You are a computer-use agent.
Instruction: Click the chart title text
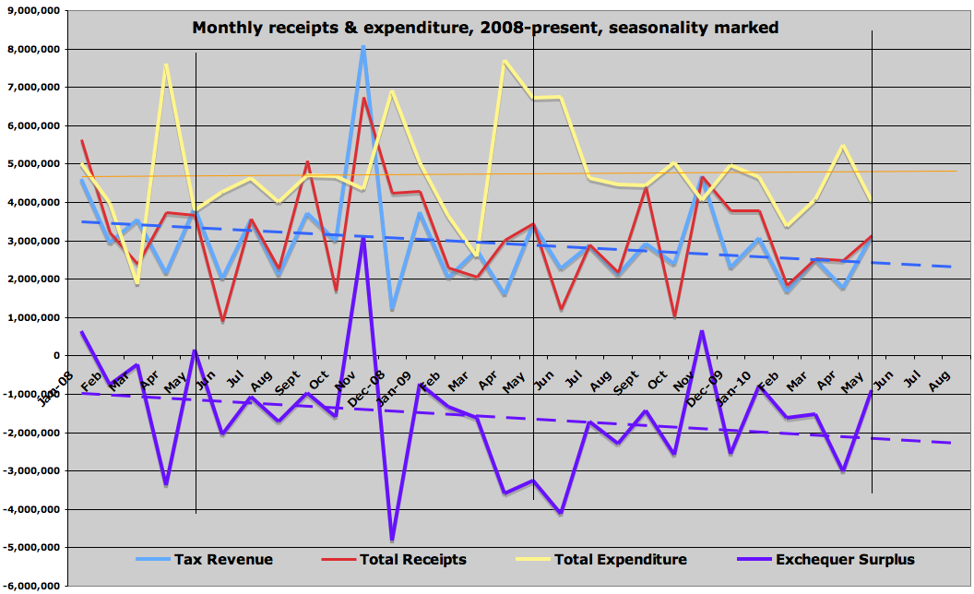(x=485, y=28)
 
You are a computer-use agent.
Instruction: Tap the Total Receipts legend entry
(x=412, y=559)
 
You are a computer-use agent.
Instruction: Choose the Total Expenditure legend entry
(x=620, y=559)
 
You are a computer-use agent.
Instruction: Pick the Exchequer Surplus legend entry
(x=845, y=559)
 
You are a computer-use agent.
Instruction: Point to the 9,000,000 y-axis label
(x=33, y=10)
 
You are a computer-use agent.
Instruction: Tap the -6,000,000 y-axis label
(x=31, y=586)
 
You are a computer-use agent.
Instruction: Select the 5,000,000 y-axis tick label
(x=33, y=164)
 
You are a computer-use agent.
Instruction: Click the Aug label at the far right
(x=941, y=380)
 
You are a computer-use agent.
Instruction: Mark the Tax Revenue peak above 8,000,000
(x=363, y=47)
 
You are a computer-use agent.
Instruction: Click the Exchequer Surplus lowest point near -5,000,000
(x=392, y=540)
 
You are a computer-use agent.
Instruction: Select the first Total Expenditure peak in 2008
(x=166, y=65)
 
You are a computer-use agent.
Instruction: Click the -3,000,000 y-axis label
(x=31, y=471)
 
